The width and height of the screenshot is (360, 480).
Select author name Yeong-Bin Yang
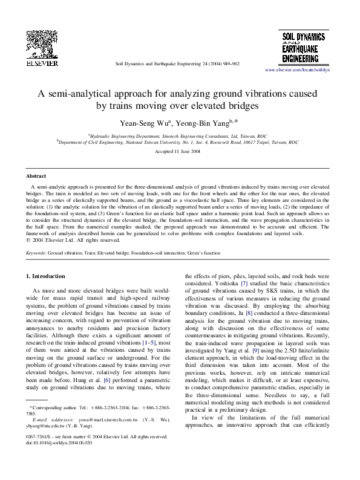coord(201,123)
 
